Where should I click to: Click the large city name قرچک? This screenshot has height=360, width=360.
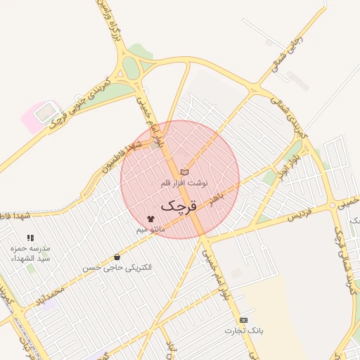tap(179, 206)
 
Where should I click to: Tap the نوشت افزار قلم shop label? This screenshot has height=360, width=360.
tap(184, 183)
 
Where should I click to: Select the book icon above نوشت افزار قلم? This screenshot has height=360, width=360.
tap(184, 172)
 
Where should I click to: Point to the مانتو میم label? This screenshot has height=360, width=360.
tap(150, 229)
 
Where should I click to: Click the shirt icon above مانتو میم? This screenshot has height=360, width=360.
tap(150, 219)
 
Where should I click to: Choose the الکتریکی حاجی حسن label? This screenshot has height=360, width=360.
tap(117, 268)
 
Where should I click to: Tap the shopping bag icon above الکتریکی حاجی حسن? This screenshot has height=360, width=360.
tap(117, 257)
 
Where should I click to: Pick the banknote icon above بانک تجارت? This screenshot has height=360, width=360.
tap(243, 320)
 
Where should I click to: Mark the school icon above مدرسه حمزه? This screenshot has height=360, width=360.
tap(30, 238)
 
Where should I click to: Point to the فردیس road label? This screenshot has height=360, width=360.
tap(301, 213)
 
